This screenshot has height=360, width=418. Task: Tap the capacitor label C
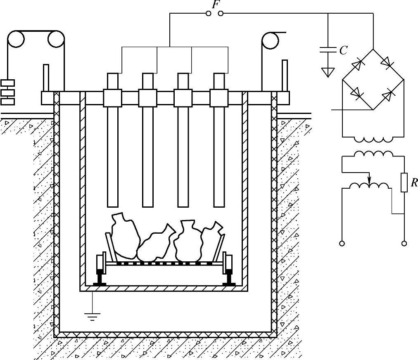(x=343, y=50)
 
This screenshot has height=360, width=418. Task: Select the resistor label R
(x=413, y=183)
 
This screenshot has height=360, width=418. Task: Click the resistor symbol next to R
(x=404, y=183)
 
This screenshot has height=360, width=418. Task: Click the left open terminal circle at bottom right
(x=342, y=244)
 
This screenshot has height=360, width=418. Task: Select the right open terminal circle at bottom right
(x=404, y=244)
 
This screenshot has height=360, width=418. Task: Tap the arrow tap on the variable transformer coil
(x=369, y=180)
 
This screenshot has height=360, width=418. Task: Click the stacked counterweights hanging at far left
(x=7, y=91)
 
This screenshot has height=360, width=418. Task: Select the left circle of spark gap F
(x=209, y=14)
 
